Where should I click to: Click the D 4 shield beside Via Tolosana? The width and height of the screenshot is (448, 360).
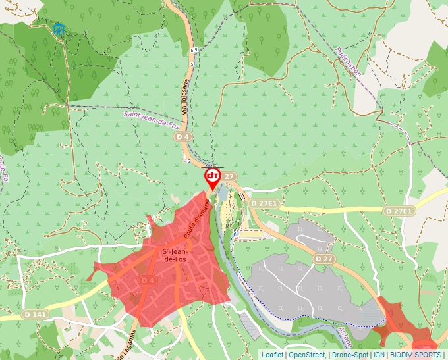[x=182, y=136]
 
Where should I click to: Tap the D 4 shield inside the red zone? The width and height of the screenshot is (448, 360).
[x=148, y=281]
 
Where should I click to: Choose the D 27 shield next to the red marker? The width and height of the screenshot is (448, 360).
[x=228, y=176]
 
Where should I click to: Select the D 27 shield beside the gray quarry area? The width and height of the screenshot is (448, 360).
[x=323, y=259]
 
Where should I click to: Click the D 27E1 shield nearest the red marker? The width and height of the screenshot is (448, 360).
[x=264, y=204]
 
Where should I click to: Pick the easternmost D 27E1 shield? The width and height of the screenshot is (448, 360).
[x=399, y=211]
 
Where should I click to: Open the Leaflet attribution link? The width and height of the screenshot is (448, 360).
[x=272, y=355]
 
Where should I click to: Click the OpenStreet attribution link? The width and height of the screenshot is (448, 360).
[x=307, y=355]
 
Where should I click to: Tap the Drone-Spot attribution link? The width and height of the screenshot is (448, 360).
[x=350, y=355]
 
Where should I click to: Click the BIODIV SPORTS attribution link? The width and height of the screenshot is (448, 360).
[x=416, y=355]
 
